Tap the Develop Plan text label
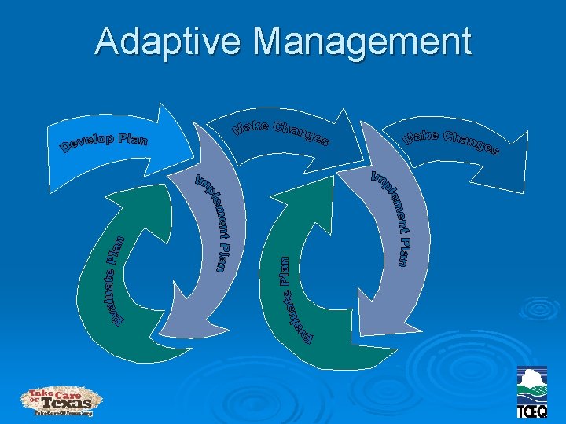coord(104,144)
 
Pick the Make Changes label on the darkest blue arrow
coord(451,141)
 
